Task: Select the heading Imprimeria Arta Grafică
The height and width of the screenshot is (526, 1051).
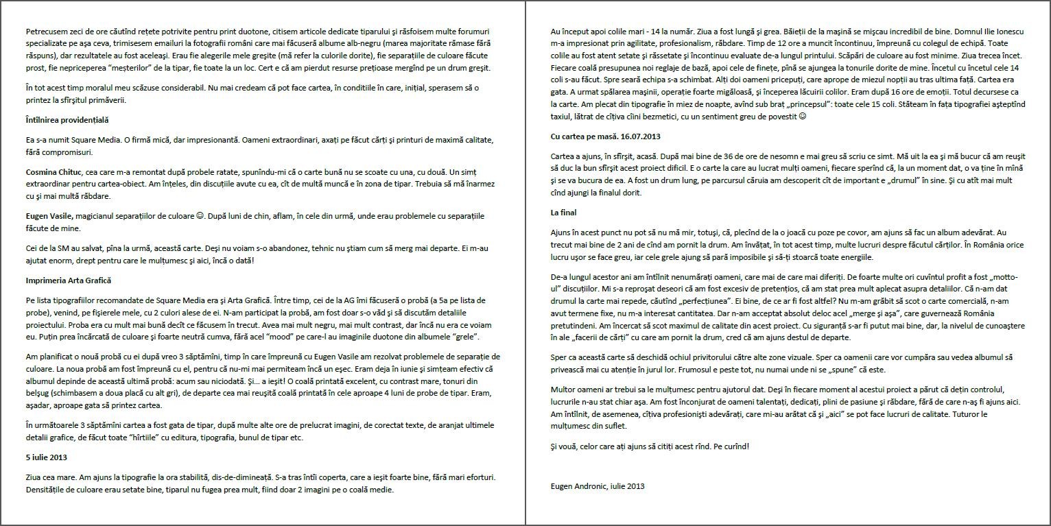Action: pyautogui.click(x=68, y=280)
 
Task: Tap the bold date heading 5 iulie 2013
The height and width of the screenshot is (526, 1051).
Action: pyautogui.click(x=47, y=457)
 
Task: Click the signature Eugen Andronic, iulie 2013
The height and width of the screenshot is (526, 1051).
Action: pyautogui.click(x=597, y=486)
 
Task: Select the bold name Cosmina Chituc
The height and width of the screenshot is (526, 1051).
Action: pyautogui.click(x=54, y=171)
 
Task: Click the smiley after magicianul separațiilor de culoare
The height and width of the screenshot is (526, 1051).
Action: pyautogui.click(x=200, y=216)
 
